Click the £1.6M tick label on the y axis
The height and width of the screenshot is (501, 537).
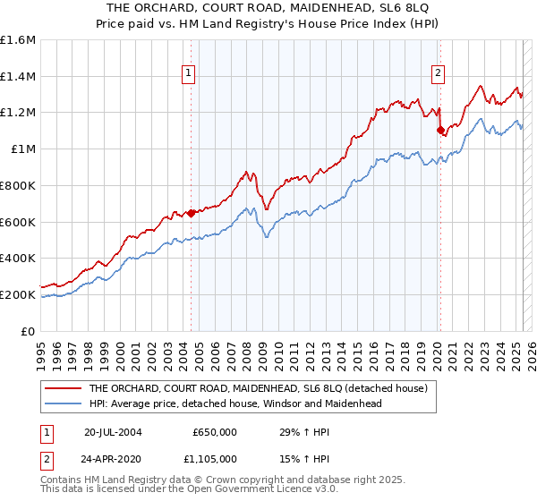pos(18,40)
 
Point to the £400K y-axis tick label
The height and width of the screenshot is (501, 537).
pos(17,258)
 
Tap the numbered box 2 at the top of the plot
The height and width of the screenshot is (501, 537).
pos(439,74)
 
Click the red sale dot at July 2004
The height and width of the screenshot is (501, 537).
pos(191,213)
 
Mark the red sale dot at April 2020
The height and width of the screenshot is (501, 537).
pos(439,131)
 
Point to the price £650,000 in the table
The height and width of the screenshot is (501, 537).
pos(215,431)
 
